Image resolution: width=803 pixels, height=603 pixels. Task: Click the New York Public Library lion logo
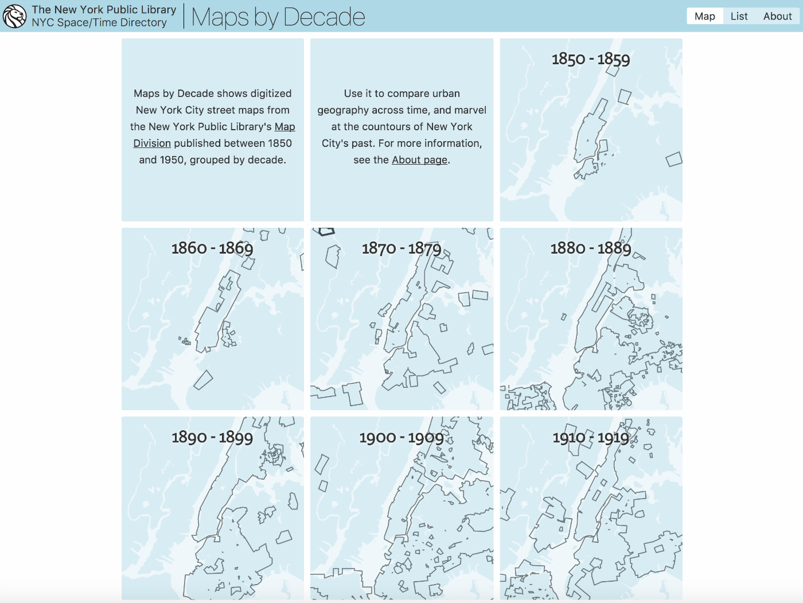tap(14, 16)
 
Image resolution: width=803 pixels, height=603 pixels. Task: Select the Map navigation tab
tap(704, 16)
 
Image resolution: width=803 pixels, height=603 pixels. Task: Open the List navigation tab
tap(739, 16)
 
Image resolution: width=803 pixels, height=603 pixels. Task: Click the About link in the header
tap(777, 16)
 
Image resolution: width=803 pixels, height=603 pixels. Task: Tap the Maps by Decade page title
tap(278, 17)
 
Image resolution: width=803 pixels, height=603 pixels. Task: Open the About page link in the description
tap(419, 160)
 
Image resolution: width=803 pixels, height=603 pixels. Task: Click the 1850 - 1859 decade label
tap(591, 59)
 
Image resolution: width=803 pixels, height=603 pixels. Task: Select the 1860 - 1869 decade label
tap(212, 248)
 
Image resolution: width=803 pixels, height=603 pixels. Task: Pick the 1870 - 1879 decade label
tap(402, 248)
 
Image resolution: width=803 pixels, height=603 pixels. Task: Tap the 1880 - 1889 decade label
tap(591, 248)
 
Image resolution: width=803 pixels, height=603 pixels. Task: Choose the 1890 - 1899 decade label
tap(212, 437)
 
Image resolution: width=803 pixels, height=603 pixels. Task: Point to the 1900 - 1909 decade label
tap(402, 438)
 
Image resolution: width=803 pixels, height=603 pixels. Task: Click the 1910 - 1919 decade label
tap(591, 438)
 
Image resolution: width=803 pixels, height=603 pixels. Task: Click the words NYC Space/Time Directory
tap(99, 23)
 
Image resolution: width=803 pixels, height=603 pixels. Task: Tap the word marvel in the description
tap(470, 110)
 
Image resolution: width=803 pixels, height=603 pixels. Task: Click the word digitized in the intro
tap(271, 94)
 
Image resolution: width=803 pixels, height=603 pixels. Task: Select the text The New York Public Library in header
tap(104, 10)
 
